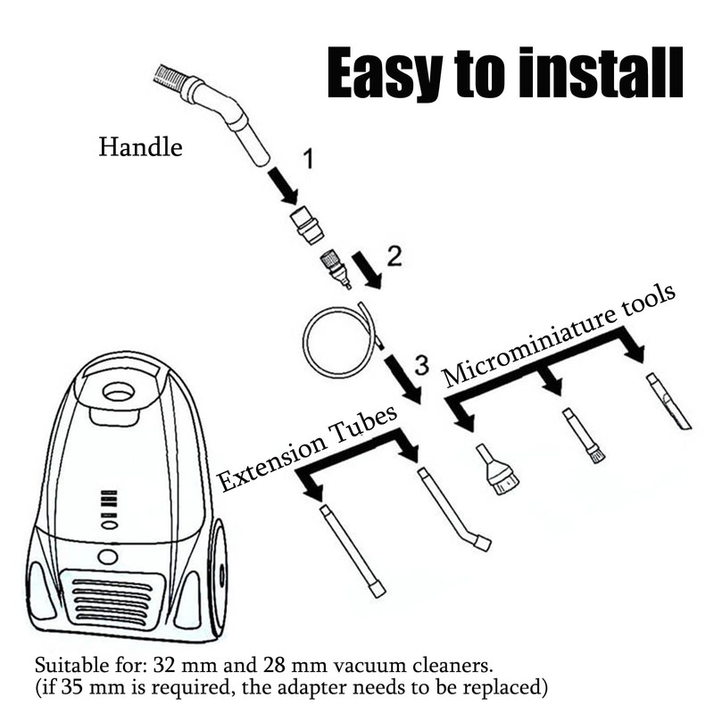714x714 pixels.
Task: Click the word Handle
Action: coord(140,147)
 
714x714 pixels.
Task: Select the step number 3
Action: coord(421,365)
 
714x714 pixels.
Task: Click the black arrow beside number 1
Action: coord(283,187)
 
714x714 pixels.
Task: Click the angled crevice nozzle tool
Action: coord(668,403)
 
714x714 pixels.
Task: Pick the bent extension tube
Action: coord(452,509)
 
